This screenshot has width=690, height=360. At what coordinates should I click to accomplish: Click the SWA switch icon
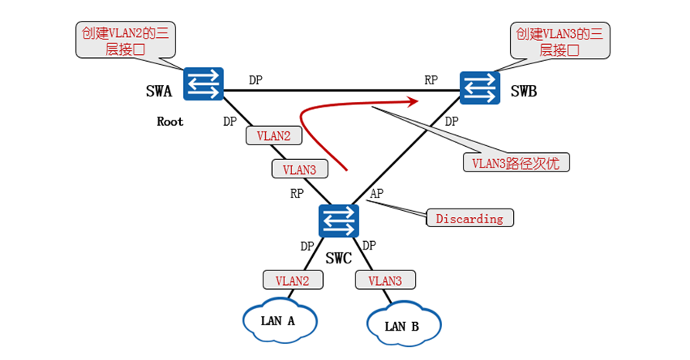(203, 83)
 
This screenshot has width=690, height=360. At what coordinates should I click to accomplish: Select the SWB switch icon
(480, 87)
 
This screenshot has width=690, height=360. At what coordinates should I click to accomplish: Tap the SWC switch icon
(338, 221)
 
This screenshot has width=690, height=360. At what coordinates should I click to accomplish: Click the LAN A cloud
(280, 318)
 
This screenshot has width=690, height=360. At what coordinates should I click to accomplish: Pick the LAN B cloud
(402, 324)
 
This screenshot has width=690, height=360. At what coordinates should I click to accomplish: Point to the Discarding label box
(469, 219)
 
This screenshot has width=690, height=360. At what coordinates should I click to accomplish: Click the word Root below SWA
(170, 121)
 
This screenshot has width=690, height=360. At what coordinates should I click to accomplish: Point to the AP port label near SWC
(377, 192)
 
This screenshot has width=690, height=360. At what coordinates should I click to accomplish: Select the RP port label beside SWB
(431, 80)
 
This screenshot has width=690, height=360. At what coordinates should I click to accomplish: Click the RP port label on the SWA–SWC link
(297, 194)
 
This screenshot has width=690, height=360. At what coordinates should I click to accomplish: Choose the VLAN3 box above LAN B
(385, 280)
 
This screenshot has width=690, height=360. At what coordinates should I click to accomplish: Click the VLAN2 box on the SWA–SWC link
(273, 135)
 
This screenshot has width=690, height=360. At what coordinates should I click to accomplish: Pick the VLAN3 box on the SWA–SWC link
(299, 168)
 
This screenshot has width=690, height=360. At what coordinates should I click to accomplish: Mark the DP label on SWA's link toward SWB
(256, 80)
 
